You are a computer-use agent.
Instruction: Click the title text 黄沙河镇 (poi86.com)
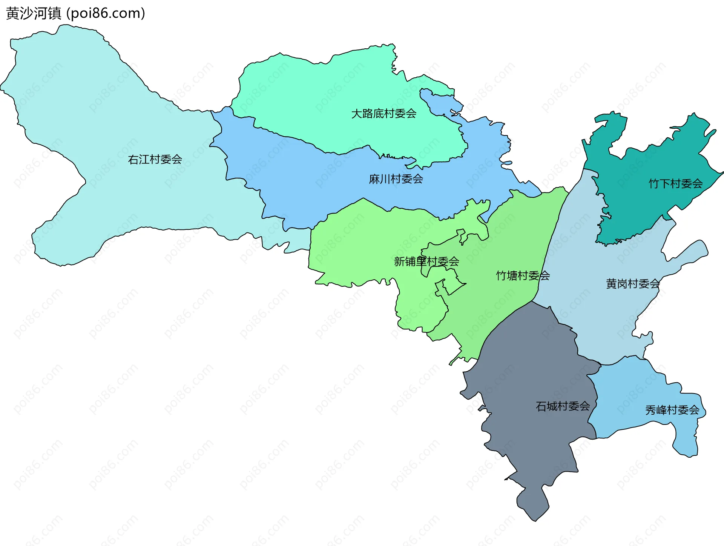pos(75,14)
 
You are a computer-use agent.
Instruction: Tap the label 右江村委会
pos(155,160)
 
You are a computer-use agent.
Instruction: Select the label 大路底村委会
pos(383,114)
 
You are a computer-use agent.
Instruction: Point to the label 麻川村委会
pos(396,179)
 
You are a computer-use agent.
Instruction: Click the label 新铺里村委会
pos(426,261)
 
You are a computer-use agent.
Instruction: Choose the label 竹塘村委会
pos(523,276)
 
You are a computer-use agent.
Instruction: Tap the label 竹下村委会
pos(675,184)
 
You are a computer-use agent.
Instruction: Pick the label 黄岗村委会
pos(633,284)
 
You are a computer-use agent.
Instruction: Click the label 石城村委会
pos(563,406)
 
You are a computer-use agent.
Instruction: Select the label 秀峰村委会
pos(672,410)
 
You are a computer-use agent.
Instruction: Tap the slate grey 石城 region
pos(528,377)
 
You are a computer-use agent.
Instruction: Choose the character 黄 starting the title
pos(12,14)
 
